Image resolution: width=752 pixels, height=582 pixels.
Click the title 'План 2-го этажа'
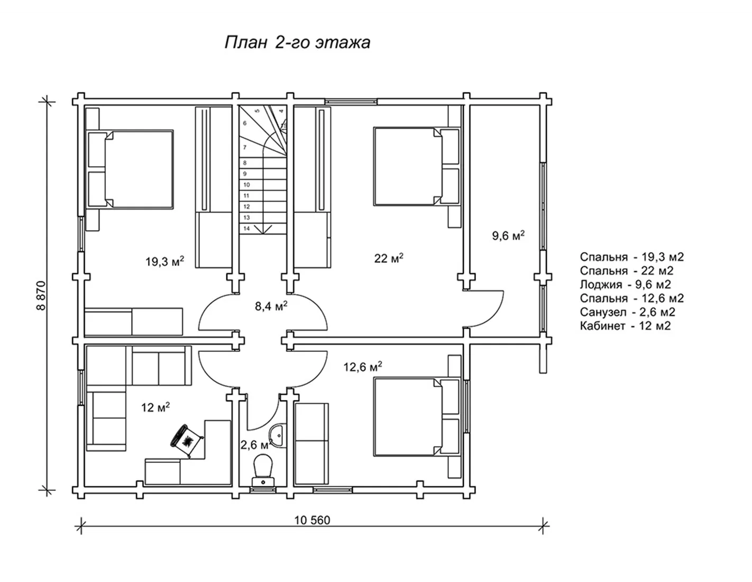297,43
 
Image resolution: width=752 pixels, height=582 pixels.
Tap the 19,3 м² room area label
164,261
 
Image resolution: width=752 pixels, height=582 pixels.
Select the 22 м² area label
389,258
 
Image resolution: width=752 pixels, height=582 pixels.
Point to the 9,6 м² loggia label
508,235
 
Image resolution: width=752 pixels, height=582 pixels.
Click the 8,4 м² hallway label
271,306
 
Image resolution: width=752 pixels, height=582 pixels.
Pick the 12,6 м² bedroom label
363,366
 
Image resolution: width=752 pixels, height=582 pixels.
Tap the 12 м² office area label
155,407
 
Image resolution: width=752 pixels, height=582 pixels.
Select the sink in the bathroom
277,435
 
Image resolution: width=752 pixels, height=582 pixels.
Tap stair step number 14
246,229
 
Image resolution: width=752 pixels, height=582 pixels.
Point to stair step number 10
246,185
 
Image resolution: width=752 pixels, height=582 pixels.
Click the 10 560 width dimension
312,520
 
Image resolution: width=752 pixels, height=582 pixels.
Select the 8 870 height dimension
41,296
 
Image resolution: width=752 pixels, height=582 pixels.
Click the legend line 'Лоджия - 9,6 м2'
625,284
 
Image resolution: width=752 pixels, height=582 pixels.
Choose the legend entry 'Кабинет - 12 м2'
625,326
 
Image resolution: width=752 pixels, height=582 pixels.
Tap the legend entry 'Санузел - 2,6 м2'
627,312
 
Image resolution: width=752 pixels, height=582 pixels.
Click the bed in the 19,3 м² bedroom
130,170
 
